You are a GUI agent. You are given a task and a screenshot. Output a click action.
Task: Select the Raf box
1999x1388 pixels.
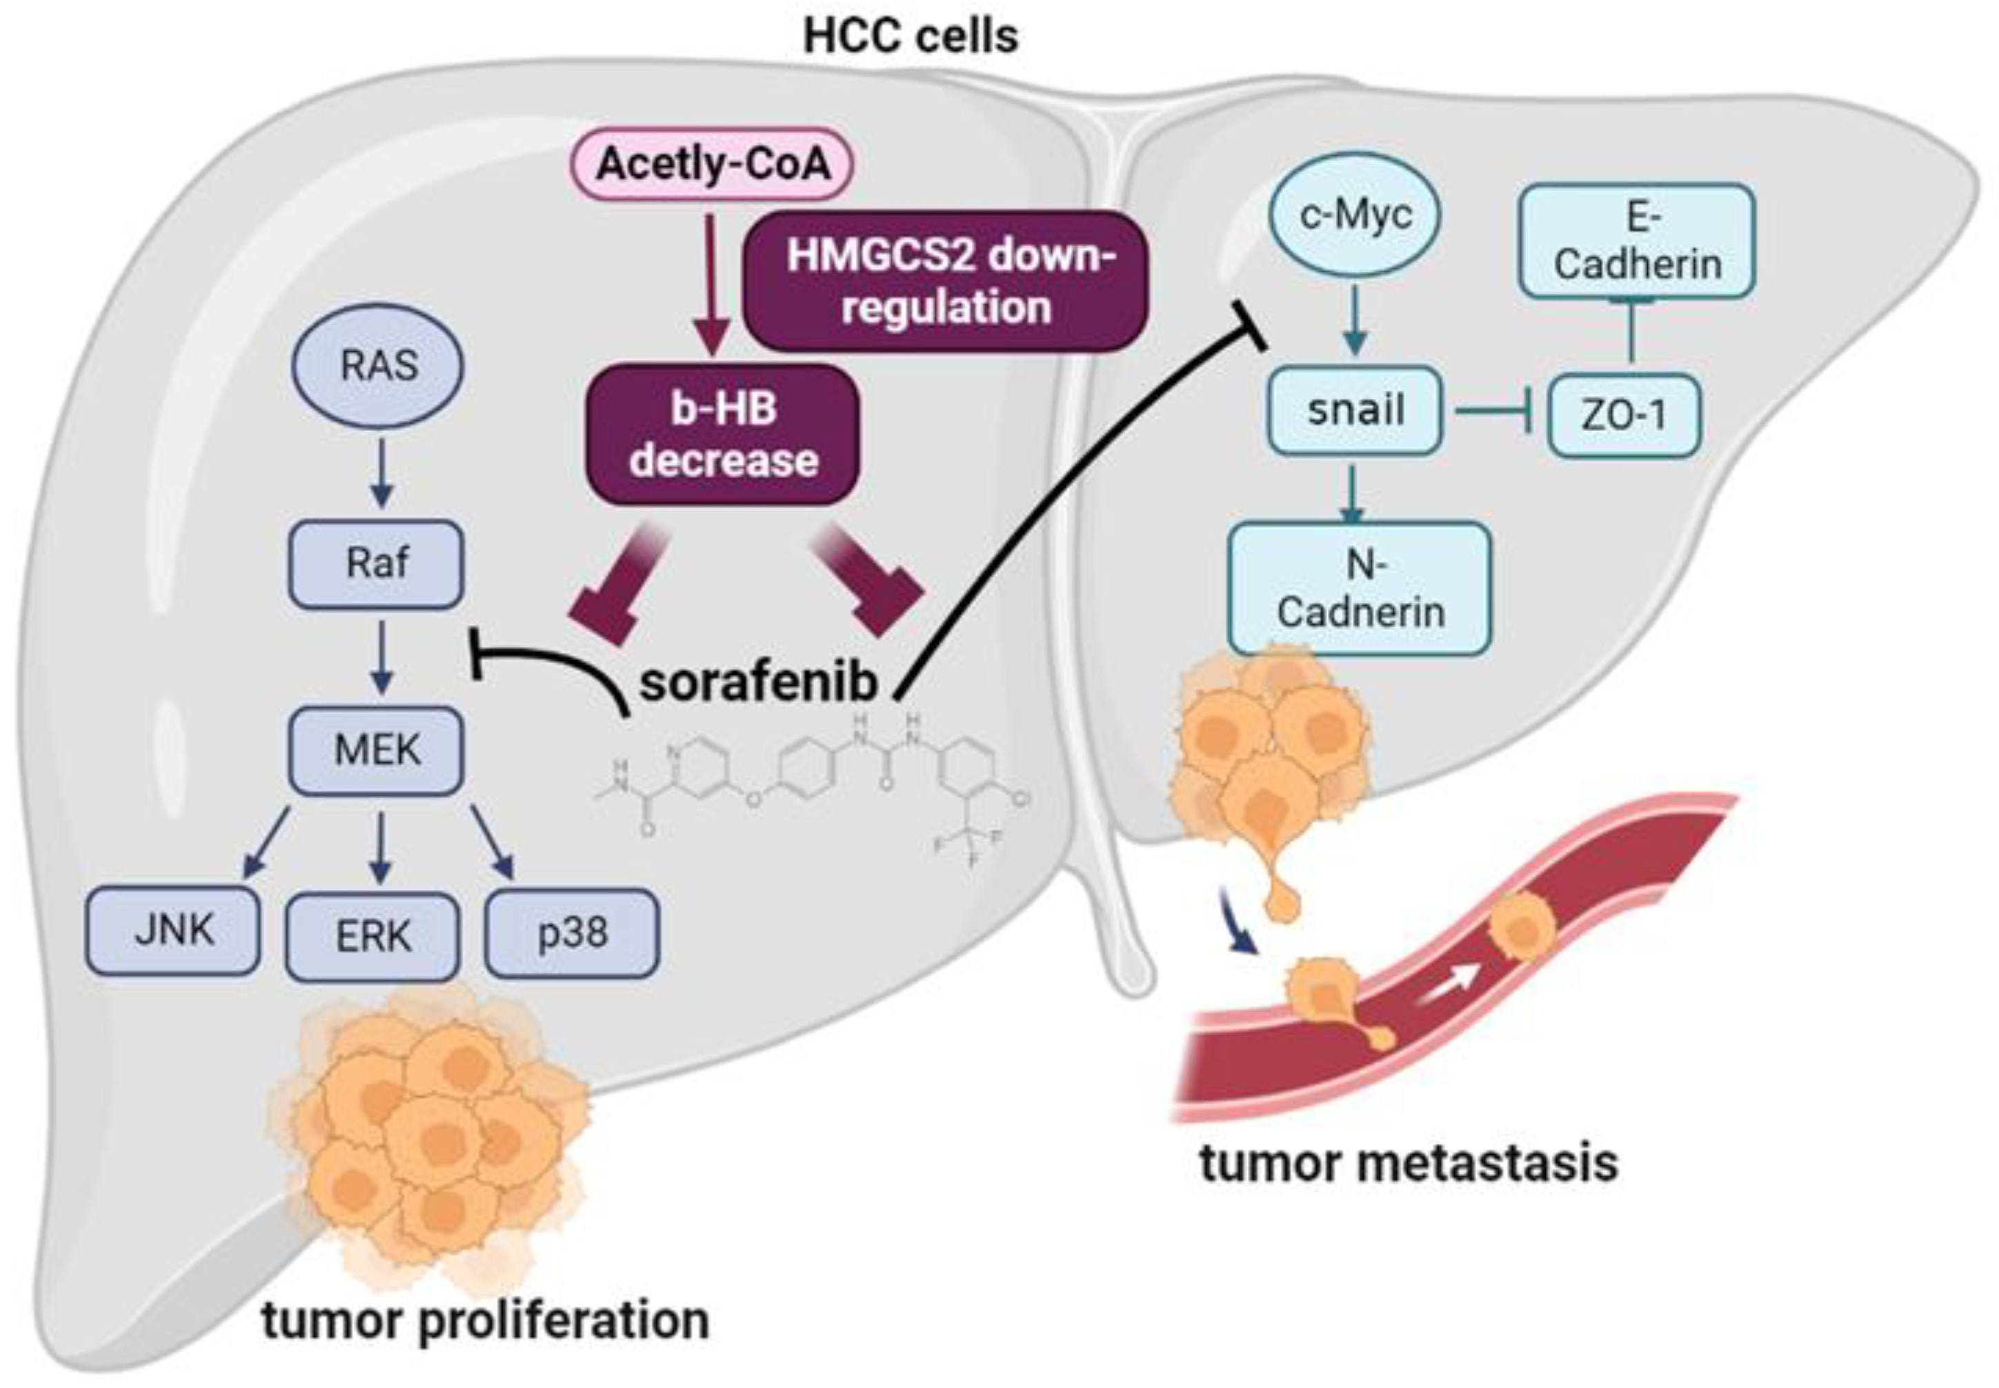[x=376, y=564]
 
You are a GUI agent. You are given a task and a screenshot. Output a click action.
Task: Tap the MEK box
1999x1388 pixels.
[x=376, y=751]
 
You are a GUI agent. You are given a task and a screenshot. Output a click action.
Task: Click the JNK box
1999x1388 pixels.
[x=172, y=931]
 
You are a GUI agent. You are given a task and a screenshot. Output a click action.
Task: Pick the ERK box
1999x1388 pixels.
[x=373, y=937]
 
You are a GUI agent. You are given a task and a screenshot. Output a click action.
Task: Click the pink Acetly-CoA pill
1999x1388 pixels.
[x=711, y=163]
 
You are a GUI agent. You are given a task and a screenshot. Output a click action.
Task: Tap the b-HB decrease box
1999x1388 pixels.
[x=724, y=435]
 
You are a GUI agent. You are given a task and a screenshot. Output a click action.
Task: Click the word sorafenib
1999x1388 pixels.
[x=758, y=684]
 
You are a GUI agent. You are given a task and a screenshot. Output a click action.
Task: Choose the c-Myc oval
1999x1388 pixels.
[x=1355, y=214]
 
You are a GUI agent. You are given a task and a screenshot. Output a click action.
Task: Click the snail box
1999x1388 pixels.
[x=1354, y=410]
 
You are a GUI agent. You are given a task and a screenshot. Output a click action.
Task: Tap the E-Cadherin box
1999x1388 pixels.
[x=1636, y=241]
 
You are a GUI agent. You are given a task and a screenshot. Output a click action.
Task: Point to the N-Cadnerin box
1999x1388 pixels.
[x=1360, y=588]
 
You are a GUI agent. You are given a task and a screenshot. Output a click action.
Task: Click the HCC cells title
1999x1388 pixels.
[x=910, y=37]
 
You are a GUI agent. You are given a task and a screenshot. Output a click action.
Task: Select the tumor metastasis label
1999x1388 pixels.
[x=1409, y=1164]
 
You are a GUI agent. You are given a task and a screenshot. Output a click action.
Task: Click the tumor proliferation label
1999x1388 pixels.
[x=485, y=1320]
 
